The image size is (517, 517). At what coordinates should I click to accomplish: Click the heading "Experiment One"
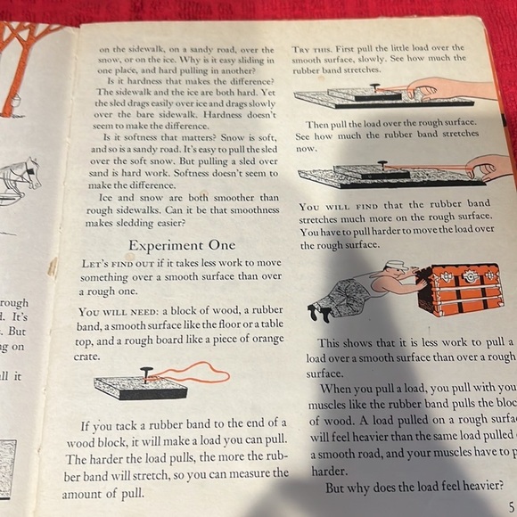[182, 244]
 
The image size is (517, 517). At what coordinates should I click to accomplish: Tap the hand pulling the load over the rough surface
[489, 166]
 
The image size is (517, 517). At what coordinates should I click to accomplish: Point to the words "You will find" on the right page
[334, 205]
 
